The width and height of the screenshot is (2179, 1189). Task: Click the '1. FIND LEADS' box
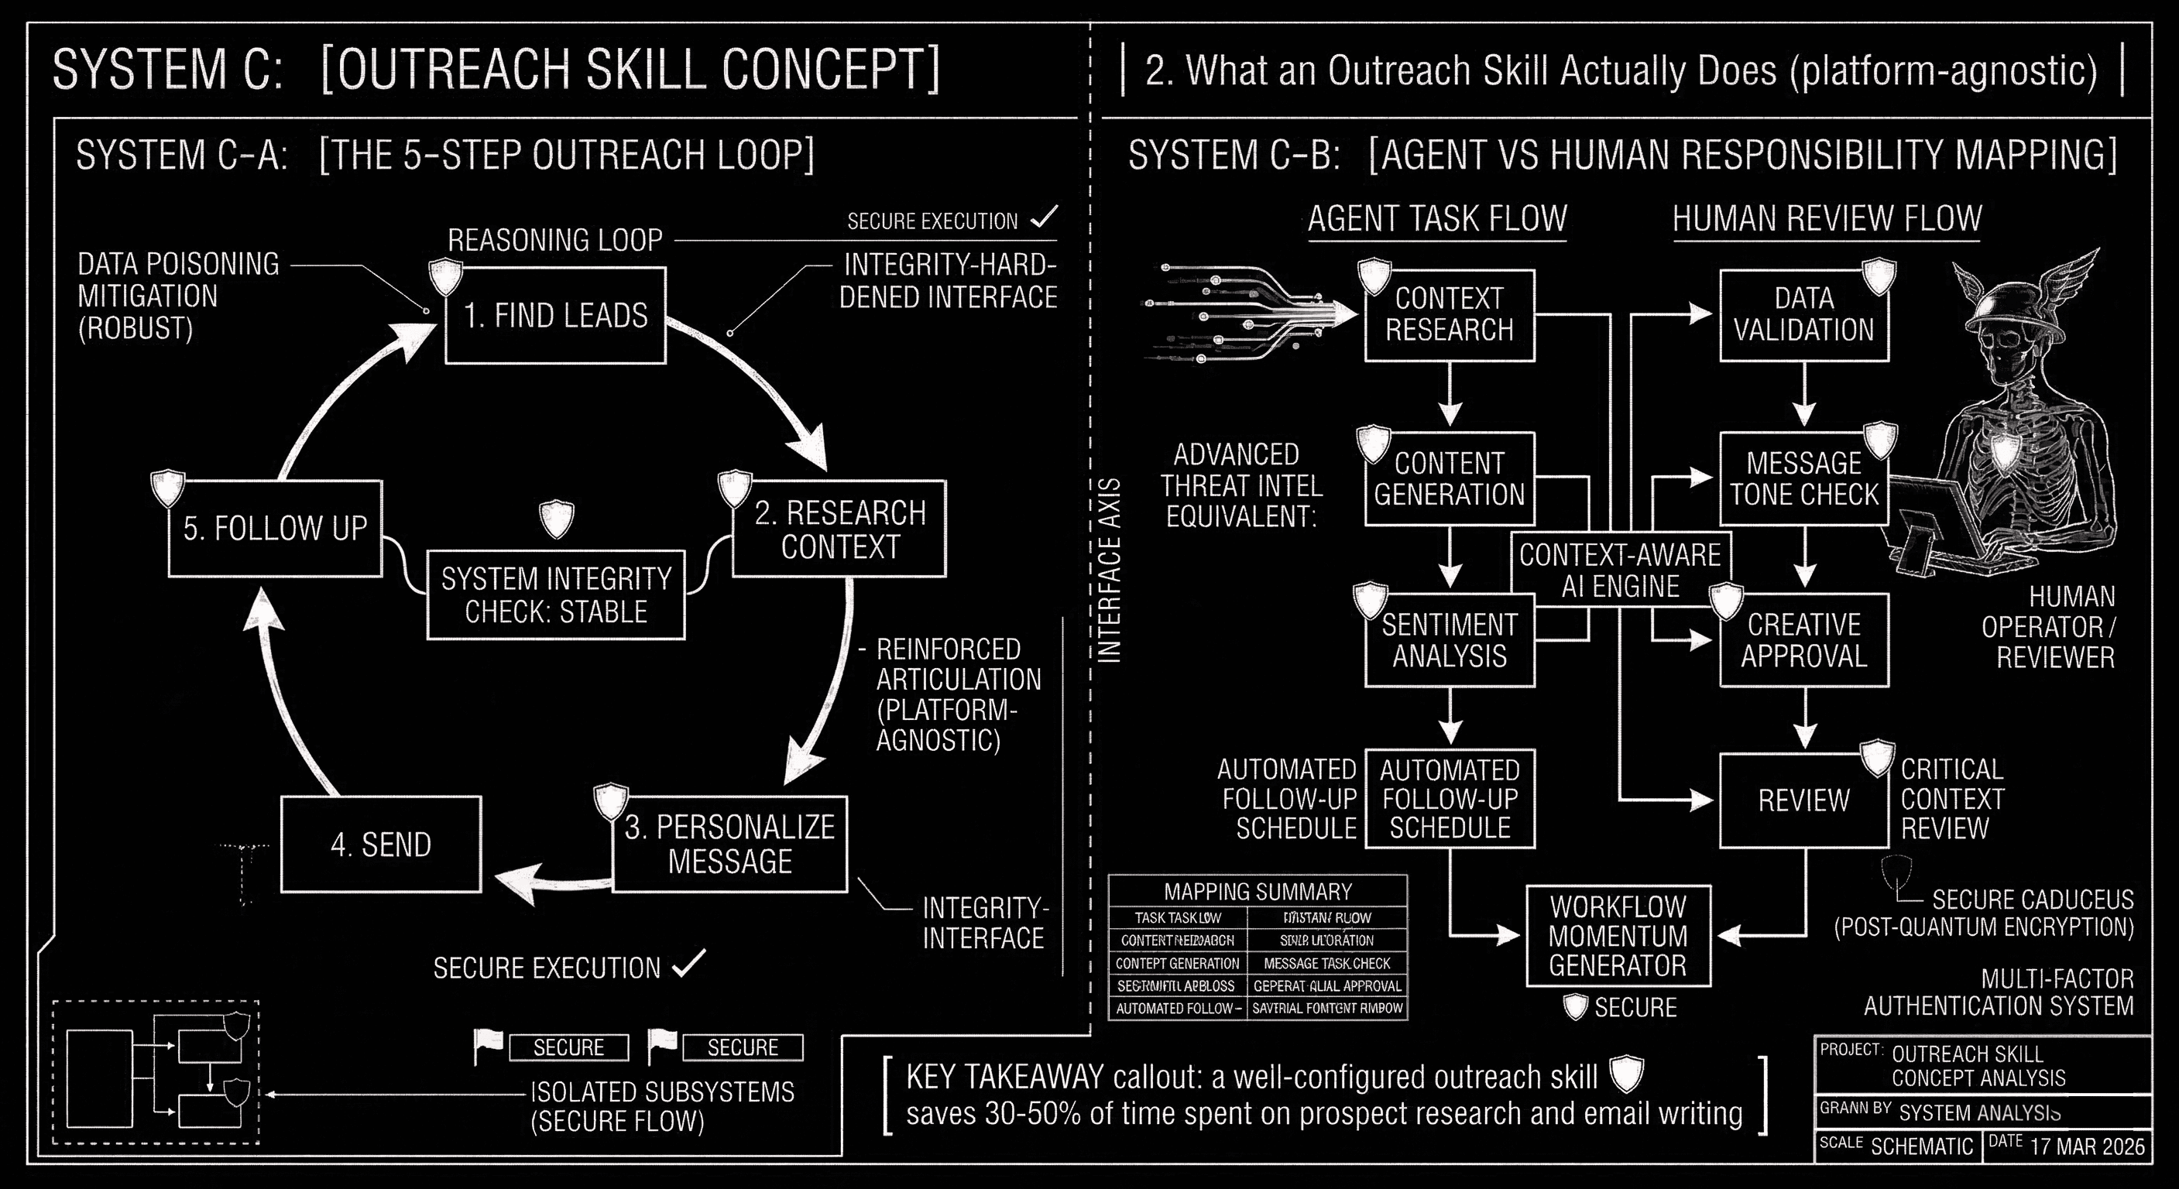(x=555, y=315)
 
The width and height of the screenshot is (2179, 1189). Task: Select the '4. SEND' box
(x=381, y=844)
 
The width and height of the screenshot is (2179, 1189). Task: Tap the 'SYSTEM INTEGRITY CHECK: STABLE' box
(x=556, y=594)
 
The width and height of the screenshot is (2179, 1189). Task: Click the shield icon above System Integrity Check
(x=557, y=519)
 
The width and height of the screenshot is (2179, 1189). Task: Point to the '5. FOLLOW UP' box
(x=275, y=529)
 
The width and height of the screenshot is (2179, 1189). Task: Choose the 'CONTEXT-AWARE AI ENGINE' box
(x=1620, y=570)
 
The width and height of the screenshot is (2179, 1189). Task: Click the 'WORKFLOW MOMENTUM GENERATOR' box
(x=1618, y=935)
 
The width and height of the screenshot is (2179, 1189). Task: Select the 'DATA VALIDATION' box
(x=1803, y=314)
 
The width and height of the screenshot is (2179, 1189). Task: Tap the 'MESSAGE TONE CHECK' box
(x=1803, y=478)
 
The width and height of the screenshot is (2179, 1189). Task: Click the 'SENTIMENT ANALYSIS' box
(x=1449, y=640)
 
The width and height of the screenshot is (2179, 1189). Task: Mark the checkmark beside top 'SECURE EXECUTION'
(x=1045, y=218)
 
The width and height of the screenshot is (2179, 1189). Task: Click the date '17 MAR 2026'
(x=2088, y=1146)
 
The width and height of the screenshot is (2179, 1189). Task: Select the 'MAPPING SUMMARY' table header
(x=1257, y=891)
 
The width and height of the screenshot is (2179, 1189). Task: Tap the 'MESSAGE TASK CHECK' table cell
(x=1326, y=963)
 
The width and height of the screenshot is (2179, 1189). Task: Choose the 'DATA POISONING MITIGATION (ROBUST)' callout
(x=177, y=296)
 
